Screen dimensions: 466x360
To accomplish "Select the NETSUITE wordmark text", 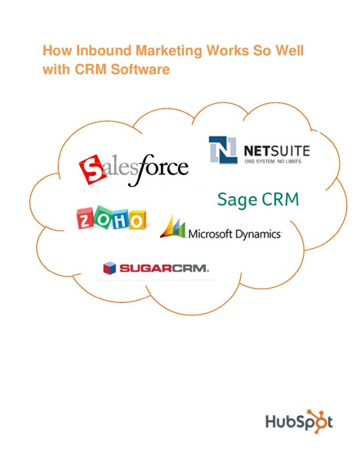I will [x=277, y=149].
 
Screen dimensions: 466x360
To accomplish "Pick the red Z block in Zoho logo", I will [x=86, y=218].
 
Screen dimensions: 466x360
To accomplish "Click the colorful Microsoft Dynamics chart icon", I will [x=173, y=228].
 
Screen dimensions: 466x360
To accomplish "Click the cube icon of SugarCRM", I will [x=109, y=268].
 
